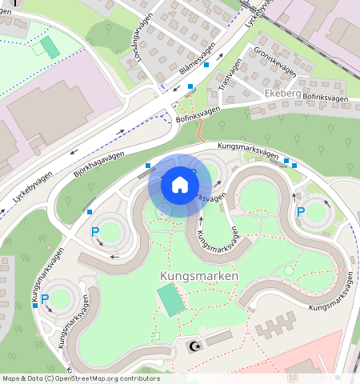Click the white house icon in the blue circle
tap(180, 185)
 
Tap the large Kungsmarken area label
tap(199, 276)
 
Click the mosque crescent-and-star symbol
tap(193, 346)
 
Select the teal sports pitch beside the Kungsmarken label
tap(170, 299)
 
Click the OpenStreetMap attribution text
tap(81, 378)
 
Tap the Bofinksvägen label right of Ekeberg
tap(326, 98)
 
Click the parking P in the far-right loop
tap(301, 212)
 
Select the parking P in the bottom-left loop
tap(45, 299)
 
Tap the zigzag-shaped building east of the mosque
tap(276, 326)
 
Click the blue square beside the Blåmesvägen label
tap(206, 64)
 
